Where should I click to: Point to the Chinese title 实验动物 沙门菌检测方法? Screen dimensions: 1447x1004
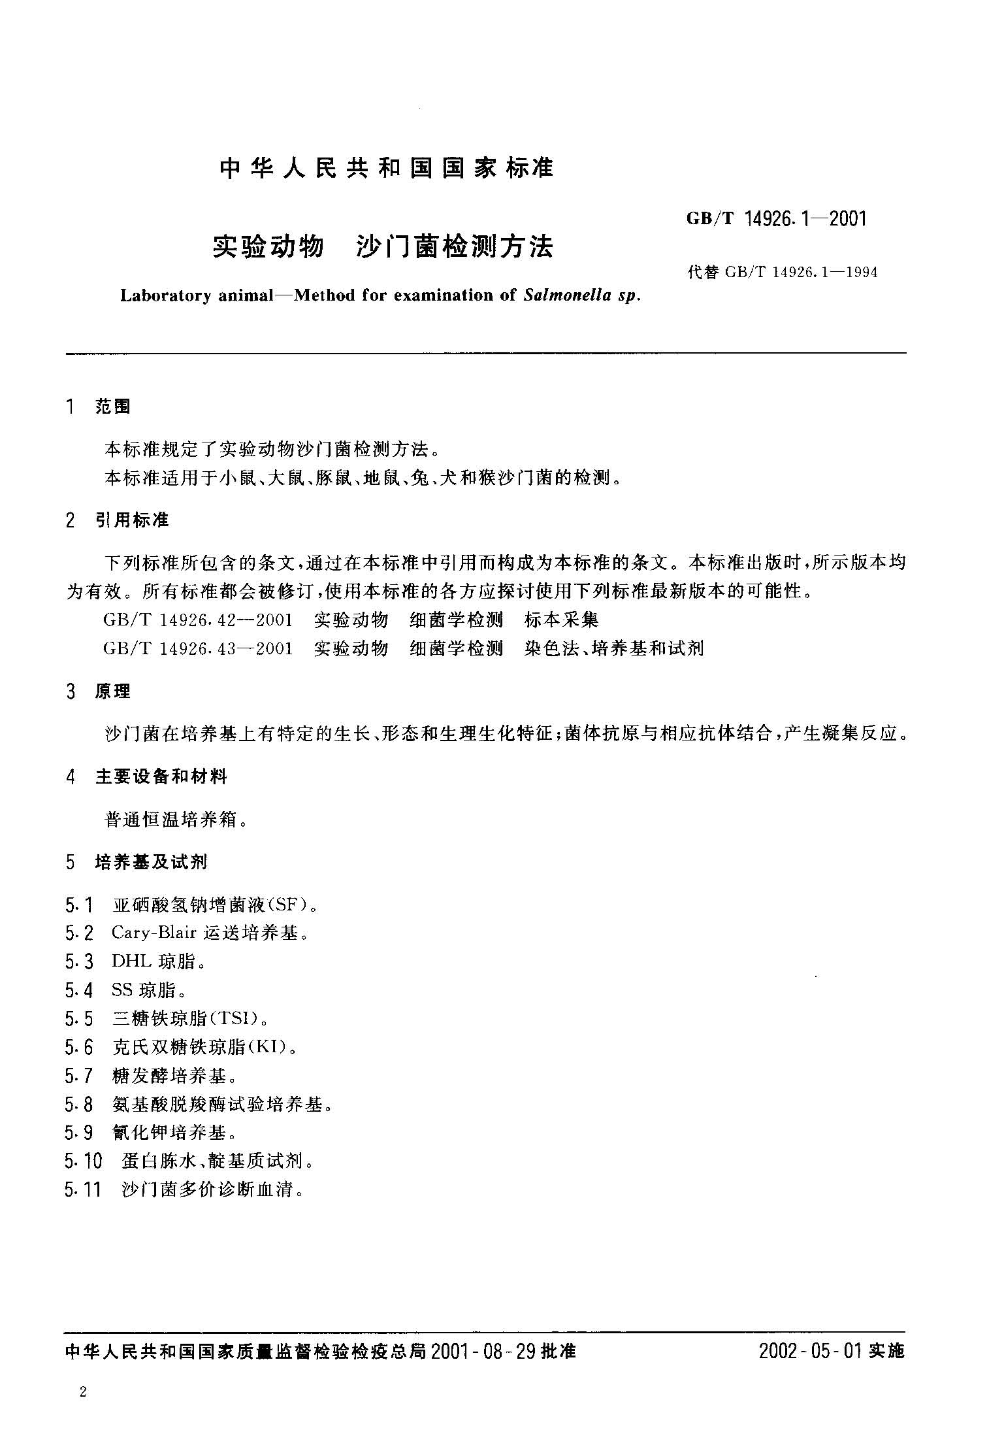coord(383,246)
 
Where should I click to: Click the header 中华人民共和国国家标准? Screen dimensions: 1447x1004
coord(387,169)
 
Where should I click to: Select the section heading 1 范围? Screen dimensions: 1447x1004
coord(99,407)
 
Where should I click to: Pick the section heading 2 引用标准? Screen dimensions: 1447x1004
coord(118,520)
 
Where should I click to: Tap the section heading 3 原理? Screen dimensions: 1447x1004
coord(99,691)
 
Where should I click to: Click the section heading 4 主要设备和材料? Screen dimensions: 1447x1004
coord(146,776)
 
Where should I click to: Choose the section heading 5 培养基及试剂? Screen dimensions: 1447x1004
coord(137,862)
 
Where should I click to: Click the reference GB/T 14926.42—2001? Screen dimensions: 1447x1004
coord(198,620)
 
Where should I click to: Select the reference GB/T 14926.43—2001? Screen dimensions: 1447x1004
coord(198,648)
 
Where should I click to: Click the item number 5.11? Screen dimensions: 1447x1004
coord(84,1190)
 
